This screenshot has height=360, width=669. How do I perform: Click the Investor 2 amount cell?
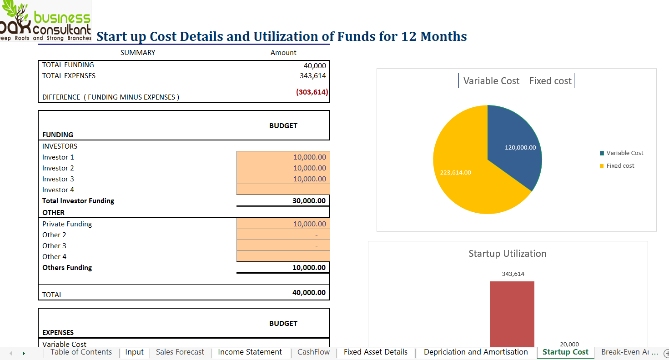click(x=283, y=168)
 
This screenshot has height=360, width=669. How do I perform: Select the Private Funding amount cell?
click(x=283, y=224)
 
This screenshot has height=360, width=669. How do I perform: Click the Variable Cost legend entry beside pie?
click(x=621, y=153)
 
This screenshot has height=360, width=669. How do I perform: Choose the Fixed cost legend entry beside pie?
click(x=617, y=165)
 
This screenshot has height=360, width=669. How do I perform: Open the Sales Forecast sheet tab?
click(x=180, y=352)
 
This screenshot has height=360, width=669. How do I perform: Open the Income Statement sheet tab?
click(x=250, y=352)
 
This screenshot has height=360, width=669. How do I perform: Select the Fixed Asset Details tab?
click(x=375, y=352)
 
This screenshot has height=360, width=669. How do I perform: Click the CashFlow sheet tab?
click(x=313, y=352)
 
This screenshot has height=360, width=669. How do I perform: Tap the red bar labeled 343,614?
click(x=512, y=314)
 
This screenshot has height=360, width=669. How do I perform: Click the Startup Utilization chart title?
click(x=508, y=254)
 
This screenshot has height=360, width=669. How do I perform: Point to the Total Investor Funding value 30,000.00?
click(x=309, y=200)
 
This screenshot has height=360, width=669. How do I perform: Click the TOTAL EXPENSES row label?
click(x=69, y=76)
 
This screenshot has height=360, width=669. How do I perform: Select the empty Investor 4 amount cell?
click(x=283, y=190)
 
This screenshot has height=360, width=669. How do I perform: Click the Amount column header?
click(x=283, y=53)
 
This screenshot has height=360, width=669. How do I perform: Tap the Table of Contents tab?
click(x=81, y=352)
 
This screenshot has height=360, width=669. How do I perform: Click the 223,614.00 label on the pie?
click(x=455, y=173)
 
